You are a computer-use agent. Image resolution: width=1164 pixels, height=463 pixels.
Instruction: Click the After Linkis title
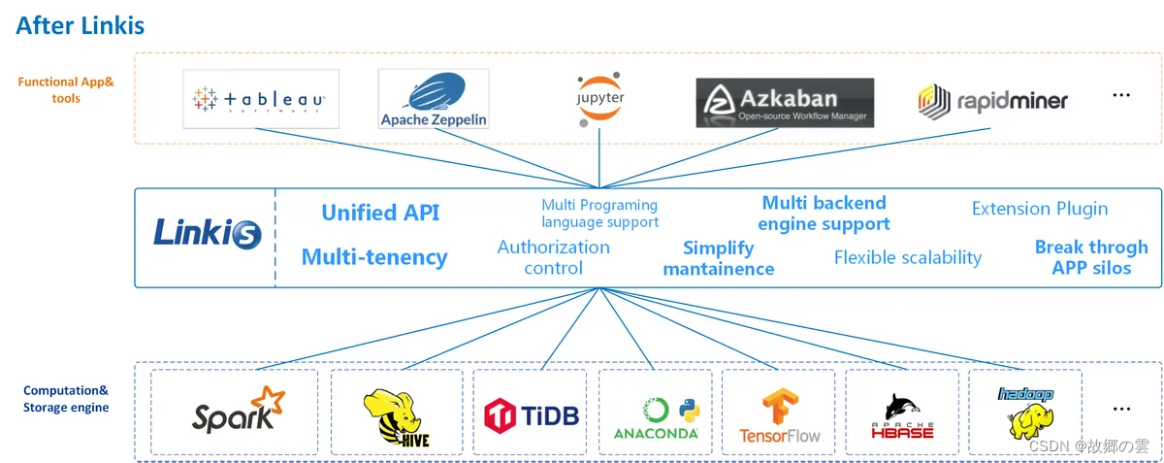[80, 24]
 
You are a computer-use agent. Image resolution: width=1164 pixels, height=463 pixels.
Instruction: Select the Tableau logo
[261, 99]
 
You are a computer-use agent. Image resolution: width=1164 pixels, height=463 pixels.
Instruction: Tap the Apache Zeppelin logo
[434, 99]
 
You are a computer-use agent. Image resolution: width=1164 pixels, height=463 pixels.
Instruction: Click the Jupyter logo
[598, 99]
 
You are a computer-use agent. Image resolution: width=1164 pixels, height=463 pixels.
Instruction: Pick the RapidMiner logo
[992, 100]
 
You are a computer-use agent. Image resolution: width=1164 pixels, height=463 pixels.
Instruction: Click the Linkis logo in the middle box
[207, 233]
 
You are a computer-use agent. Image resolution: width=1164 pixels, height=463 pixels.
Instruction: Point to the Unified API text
[380, 213]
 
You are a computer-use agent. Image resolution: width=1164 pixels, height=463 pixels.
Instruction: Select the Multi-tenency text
[374, 257]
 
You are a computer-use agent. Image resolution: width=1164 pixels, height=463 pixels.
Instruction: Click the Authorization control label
[554, 257]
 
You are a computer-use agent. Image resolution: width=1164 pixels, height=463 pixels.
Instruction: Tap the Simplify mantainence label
[719, 258]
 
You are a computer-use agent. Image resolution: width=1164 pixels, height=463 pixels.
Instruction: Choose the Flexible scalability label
[908, 257]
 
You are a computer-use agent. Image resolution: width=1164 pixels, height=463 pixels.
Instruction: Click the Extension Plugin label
[1039, 209]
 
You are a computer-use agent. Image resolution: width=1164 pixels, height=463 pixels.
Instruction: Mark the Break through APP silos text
[1091, 257]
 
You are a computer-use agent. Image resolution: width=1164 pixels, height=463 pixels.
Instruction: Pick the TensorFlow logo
[780, 415]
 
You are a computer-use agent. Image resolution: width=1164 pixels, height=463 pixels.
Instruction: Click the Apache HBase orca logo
[902, 415]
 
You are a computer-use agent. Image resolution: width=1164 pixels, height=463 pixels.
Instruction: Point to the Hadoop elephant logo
[1027, 413]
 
